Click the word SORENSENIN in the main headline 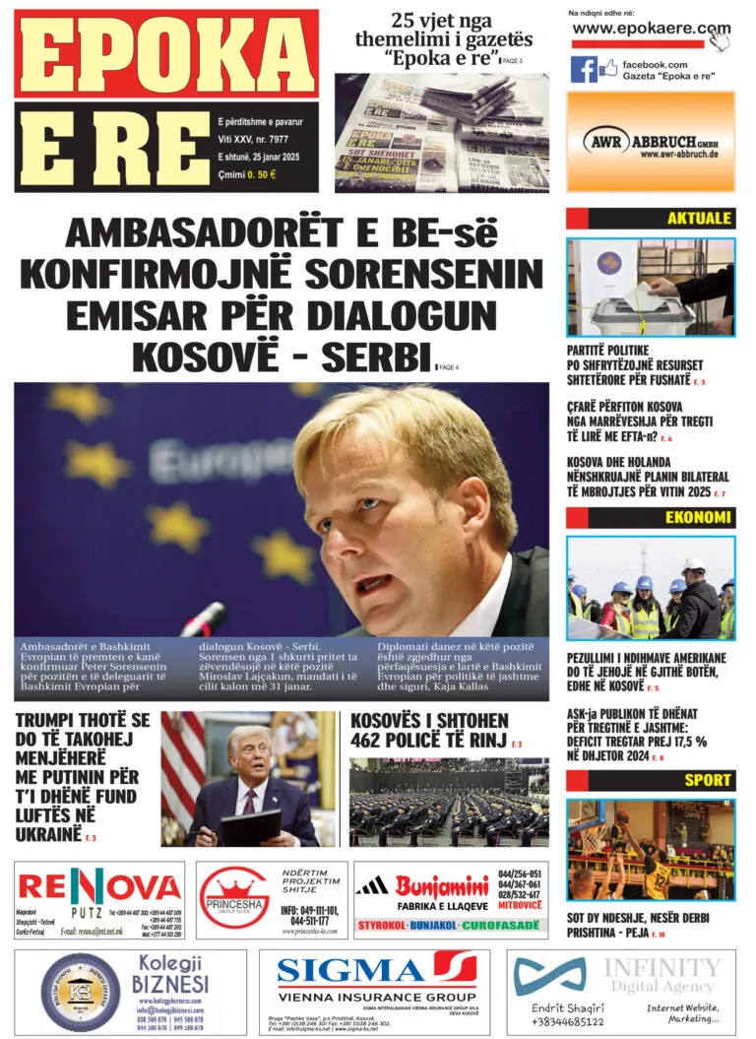click(432, 273)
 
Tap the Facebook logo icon click(584, 70)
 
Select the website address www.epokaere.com click(651, 30)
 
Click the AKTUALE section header click(699, 219)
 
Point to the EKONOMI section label click(698, 518)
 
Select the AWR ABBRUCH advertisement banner click(651, 142)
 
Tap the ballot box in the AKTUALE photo click(630, 314)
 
